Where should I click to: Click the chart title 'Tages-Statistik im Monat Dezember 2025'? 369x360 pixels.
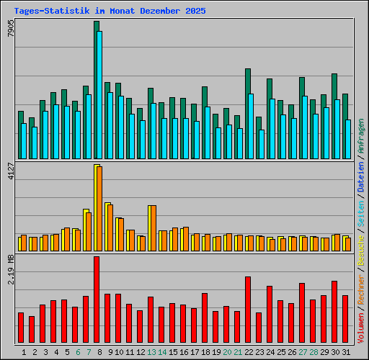point(110,12)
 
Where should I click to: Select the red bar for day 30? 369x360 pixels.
point(334,312)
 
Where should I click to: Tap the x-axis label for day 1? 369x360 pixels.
point(24,351)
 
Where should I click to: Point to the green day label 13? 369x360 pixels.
point(151,351)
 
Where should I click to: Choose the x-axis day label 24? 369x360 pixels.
point(270,351)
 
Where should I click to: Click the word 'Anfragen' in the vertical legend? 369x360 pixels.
point(361,138)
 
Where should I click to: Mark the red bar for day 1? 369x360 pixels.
point(21,328)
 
